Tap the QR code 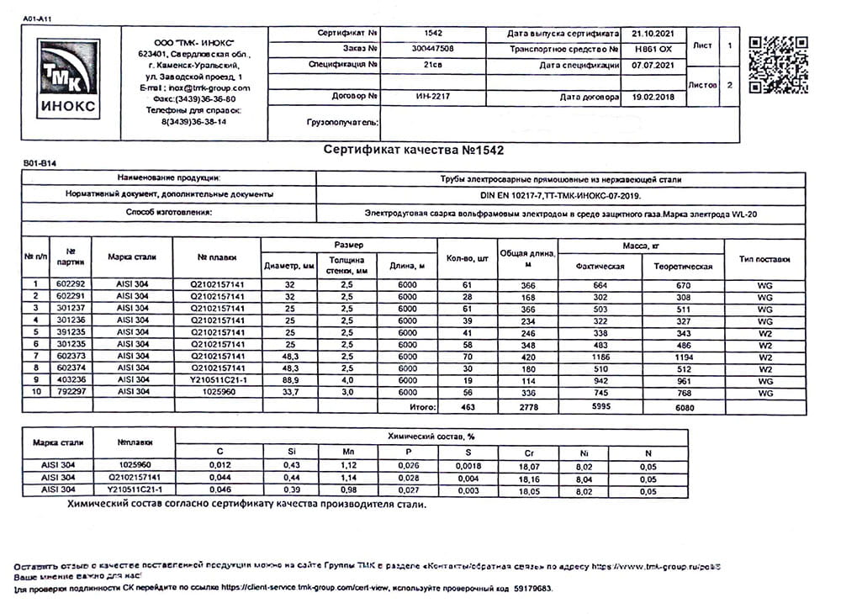click(778, 64)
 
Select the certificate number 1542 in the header click(434, 33)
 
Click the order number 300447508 click(434, 49)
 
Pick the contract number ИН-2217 click(434, 97)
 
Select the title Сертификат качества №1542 click(414, 150)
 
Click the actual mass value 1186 click(600, 356)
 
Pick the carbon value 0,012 click(220, 464)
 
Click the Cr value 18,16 click(528, 478)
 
